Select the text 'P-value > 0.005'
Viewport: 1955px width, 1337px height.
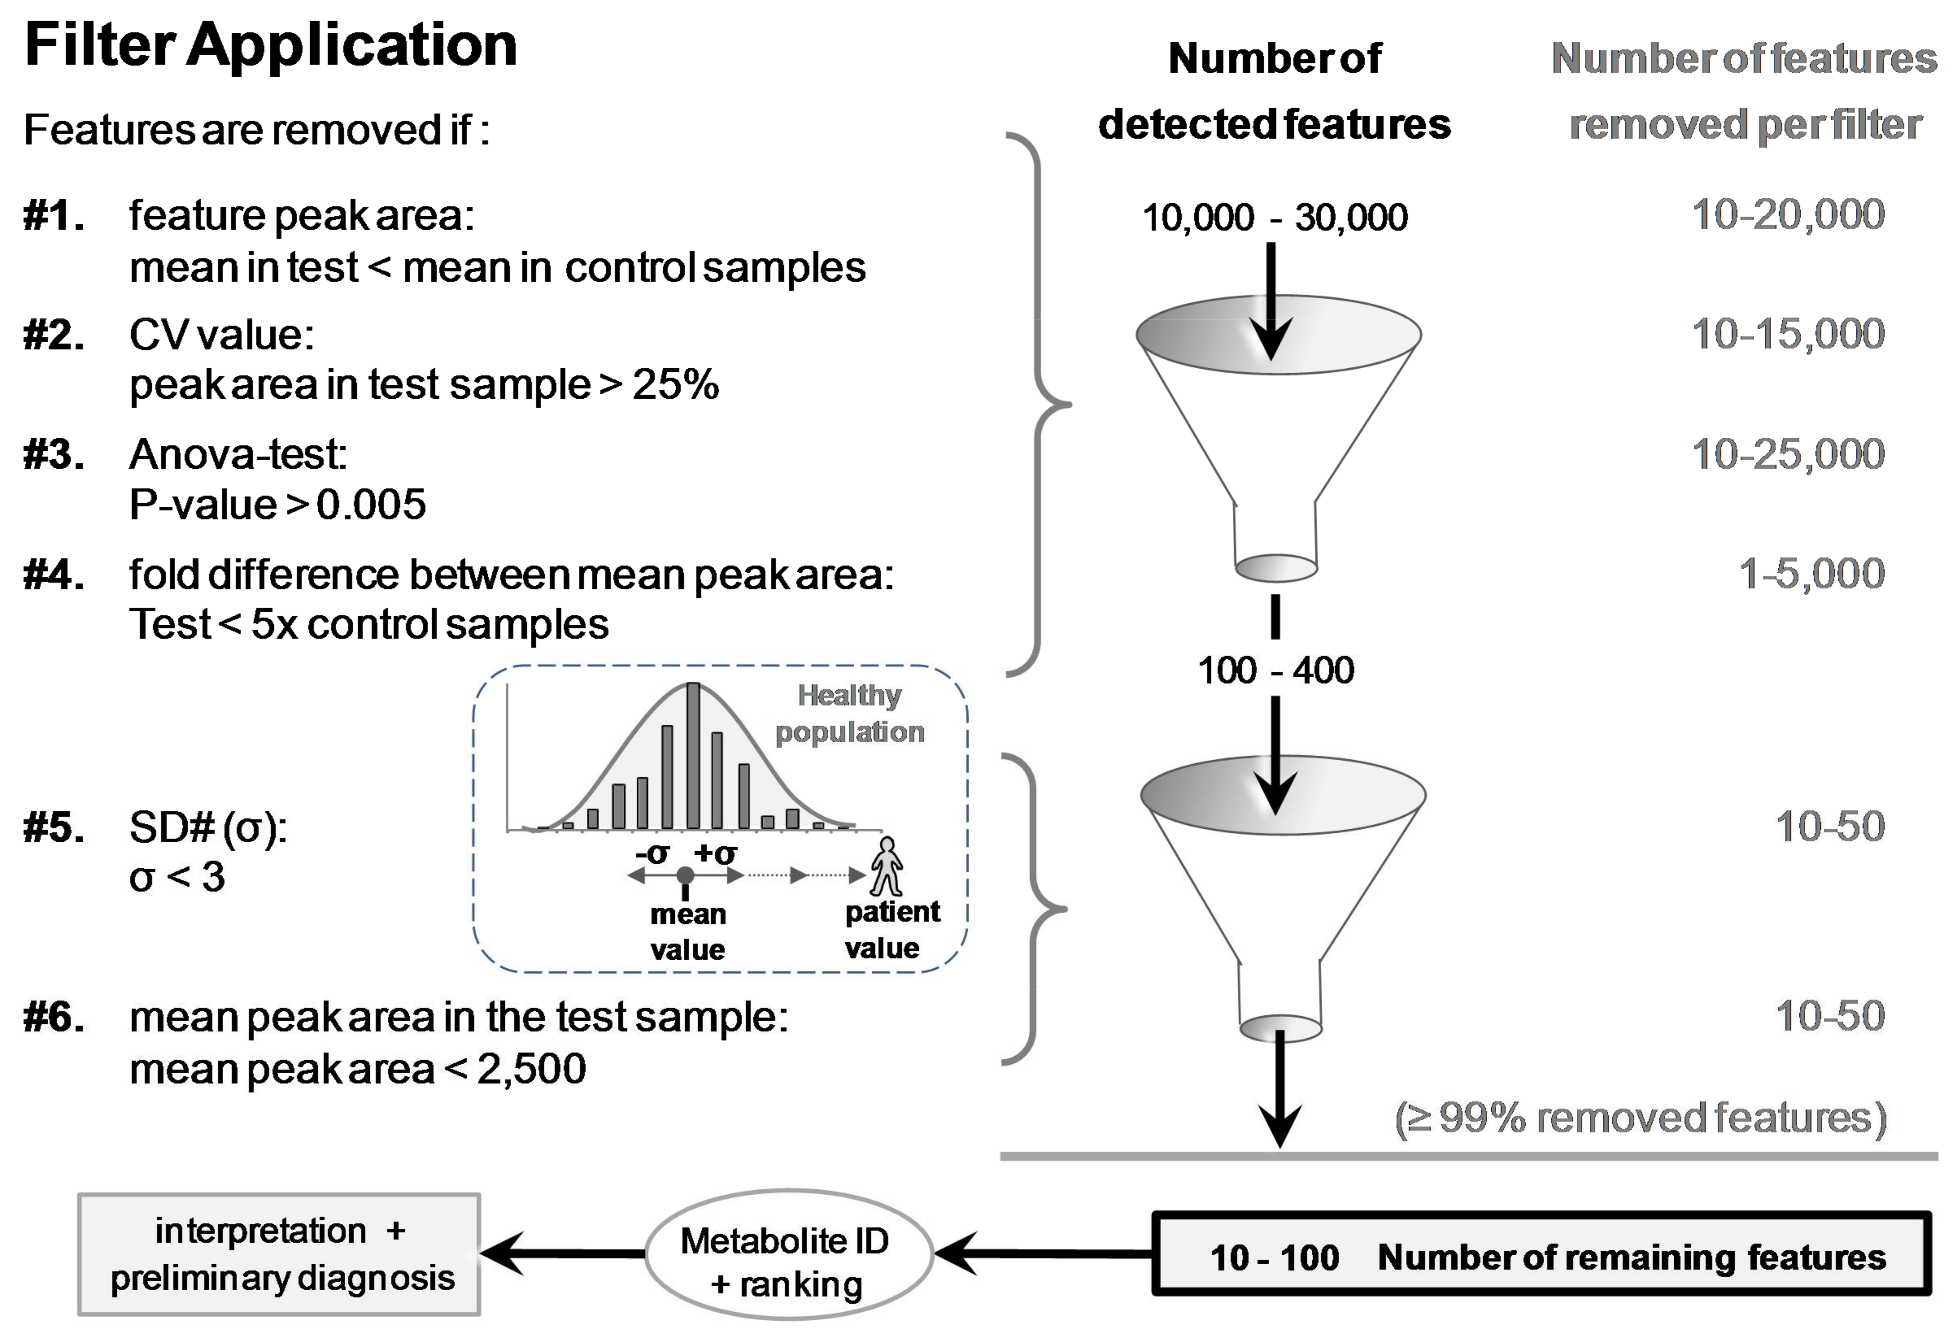(x=278, y=504)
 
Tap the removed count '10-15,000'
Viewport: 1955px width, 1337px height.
(x=1787, y=334)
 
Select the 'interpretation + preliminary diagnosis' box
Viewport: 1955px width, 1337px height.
(x=279, y=1254)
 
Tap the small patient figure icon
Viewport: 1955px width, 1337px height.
(x=887, y=866)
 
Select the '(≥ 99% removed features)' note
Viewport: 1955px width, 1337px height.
(x=1640, y=1118)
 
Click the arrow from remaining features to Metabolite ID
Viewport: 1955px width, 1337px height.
(x=1043, y=1253)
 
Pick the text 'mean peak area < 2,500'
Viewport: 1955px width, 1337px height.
(x=357, y=1069)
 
